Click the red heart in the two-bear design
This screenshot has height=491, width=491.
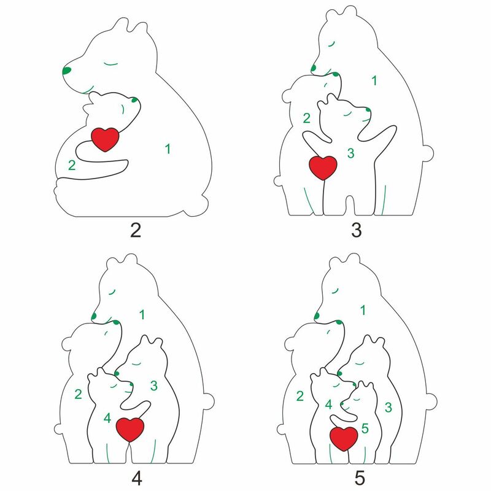[104, 139]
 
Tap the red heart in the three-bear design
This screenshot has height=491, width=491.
[322, 167]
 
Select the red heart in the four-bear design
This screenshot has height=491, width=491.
[130, 428]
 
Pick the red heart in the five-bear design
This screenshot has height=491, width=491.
[344, 438]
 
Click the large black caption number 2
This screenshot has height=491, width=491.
[136, 231]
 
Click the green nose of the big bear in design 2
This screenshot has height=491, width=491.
[66, 71]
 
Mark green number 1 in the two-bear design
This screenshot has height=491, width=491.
[168, 147]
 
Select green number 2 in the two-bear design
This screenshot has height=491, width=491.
[72, 164]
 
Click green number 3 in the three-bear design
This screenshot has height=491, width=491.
[350, 153]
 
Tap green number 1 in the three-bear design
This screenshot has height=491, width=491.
[374, 80]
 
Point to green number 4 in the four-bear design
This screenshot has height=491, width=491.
[107, 419]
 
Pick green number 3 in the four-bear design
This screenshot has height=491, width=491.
[154, 385]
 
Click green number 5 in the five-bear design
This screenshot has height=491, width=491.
[365, 428]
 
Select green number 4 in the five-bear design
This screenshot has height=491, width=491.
[328, 404]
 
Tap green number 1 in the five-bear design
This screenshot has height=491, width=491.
[363, 311]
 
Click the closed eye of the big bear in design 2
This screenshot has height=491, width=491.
[110, 63]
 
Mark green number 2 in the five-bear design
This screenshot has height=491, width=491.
[300, 396]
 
